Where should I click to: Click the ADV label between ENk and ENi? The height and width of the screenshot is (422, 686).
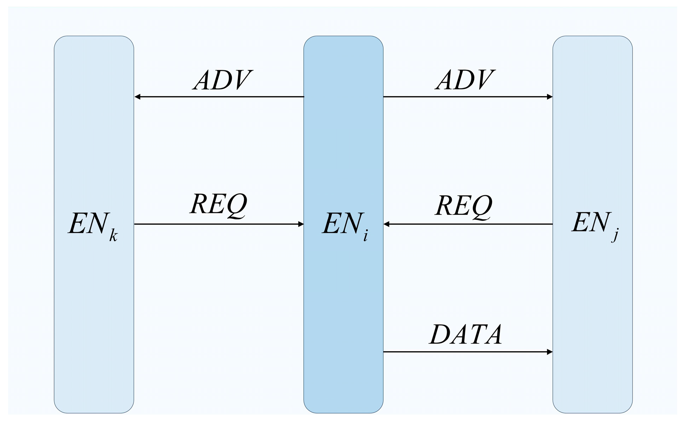pyautogui.click(x=222, y=80)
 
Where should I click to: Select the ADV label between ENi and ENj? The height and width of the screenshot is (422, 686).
pyautogui.click(x=465, y=80)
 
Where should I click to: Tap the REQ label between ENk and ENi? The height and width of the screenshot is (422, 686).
pyautogui.click(x=218, y=205)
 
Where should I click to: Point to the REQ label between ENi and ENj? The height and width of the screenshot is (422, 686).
pyautogui.click(x=463, y=206)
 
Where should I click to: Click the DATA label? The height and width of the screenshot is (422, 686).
pyautogui.click(x=466, y=334)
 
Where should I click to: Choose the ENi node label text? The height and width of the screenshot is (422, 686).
pyautogui.click(x=345, y=225)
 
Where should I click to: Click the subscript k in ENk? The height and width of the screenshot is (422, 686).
pyautogui.click(x=113, y=235)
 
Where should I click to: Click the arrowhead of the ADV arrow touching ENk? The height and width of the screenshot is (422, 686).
pyautogui.click(x=138, y=97)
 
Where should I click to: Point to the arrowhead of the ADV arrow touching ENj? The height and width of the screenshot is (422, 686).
pyautogui.click(x=549, y=97)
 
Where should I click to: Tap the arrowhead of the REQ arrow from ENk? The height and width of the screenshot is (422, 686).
pyautogui.click(x=301, y=224)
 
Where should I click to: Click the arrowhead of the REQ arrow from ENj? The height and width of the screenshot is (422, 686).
pyautogui.click(x=387, y=224)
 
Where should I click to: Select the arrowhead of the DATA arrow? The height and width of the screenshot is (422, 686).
pyautogui.click(x=549, y=352)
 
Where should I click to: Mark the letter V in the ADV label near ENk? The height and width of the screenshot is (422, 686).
pyautogui.click(x=241, y=80)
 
